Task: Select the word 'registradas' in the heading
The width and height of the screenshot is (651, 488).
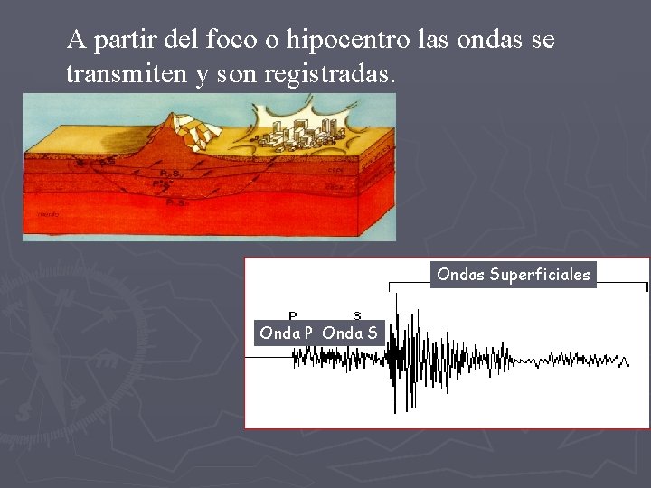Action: [330, 76]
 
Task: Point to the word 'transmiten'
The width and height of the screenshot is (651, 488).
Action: [127, 76]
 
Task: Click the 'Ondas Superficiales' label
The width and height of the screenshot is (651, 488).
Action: [513, 274]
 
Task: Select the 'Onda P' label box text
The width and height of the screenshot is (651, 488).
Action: [286, 333]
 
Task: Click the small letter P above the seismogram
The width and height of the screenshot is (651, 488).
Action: [293, 315]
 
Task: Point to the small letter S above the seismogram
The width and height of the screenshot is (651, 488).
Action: [357, 315]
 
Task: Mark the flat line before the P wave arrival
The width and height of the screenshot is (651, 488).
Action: [268, 358]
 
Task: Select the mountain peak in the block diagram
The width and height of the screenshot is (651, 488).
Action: [169, 118]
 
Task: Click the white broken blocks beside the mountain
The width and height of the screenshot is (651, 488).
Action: [199, 132]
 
